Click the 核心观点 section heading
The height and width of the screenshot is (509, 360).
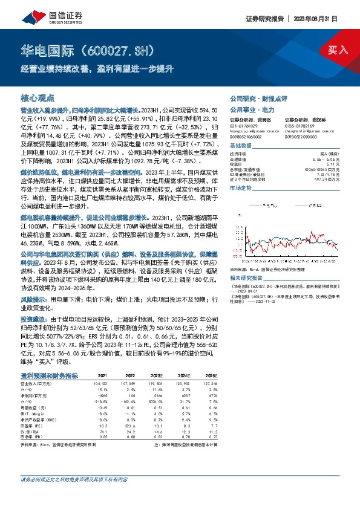[x=38, y=97]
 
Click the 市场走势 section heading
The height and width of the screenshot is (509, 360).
[x=242, y=189]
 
